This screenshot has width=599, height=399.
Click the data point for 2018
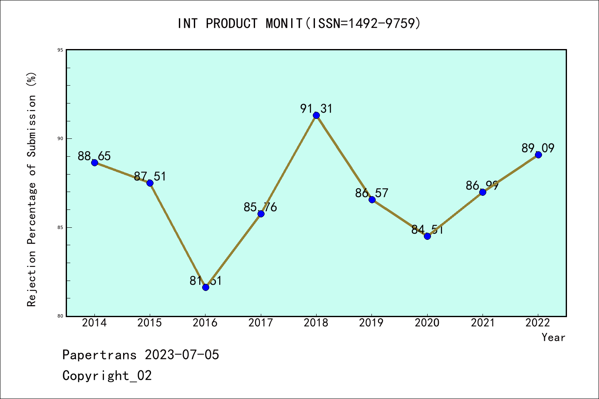click(316, 115)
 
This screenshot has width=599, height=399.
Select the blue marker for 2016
click(205, 287)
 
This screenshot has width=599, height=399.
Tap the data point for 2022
click(538, 155)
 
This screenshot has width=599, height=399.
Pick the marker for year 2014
click(94, 163)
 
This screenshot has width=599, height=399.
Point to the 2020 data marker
click(427, 236)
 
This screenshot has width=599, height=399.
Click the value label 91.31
click(316, 109)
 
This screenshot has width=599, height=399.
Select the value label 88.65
click(94, 156)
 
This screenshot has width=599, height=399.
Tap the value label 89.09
click(538, 148)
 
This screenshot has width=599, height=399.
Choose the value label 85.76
click(260, 207)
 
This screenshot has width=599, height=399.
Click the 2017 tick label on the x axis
click(260, 323)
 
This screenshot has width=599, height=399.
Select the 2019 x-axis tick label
click(371, 323)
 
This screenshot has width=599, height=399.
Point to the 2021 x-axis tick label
click(483, 323)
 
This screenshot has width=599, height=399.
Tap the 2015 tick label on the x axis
click(150, 323)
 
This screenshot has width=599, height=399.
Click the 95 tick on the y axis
click(61, 50)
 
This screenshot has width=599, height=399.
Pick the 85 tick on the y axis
click(61, 227)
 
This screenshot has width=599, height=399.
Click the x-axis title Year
click(553, 337)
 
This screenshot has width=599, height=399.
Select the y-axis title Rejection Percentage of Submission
click(32, 190)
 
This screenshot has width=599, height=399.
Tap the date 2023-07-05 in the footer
click(182, 355)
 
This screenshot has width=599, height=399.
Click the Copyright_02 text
click(107, 376)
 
